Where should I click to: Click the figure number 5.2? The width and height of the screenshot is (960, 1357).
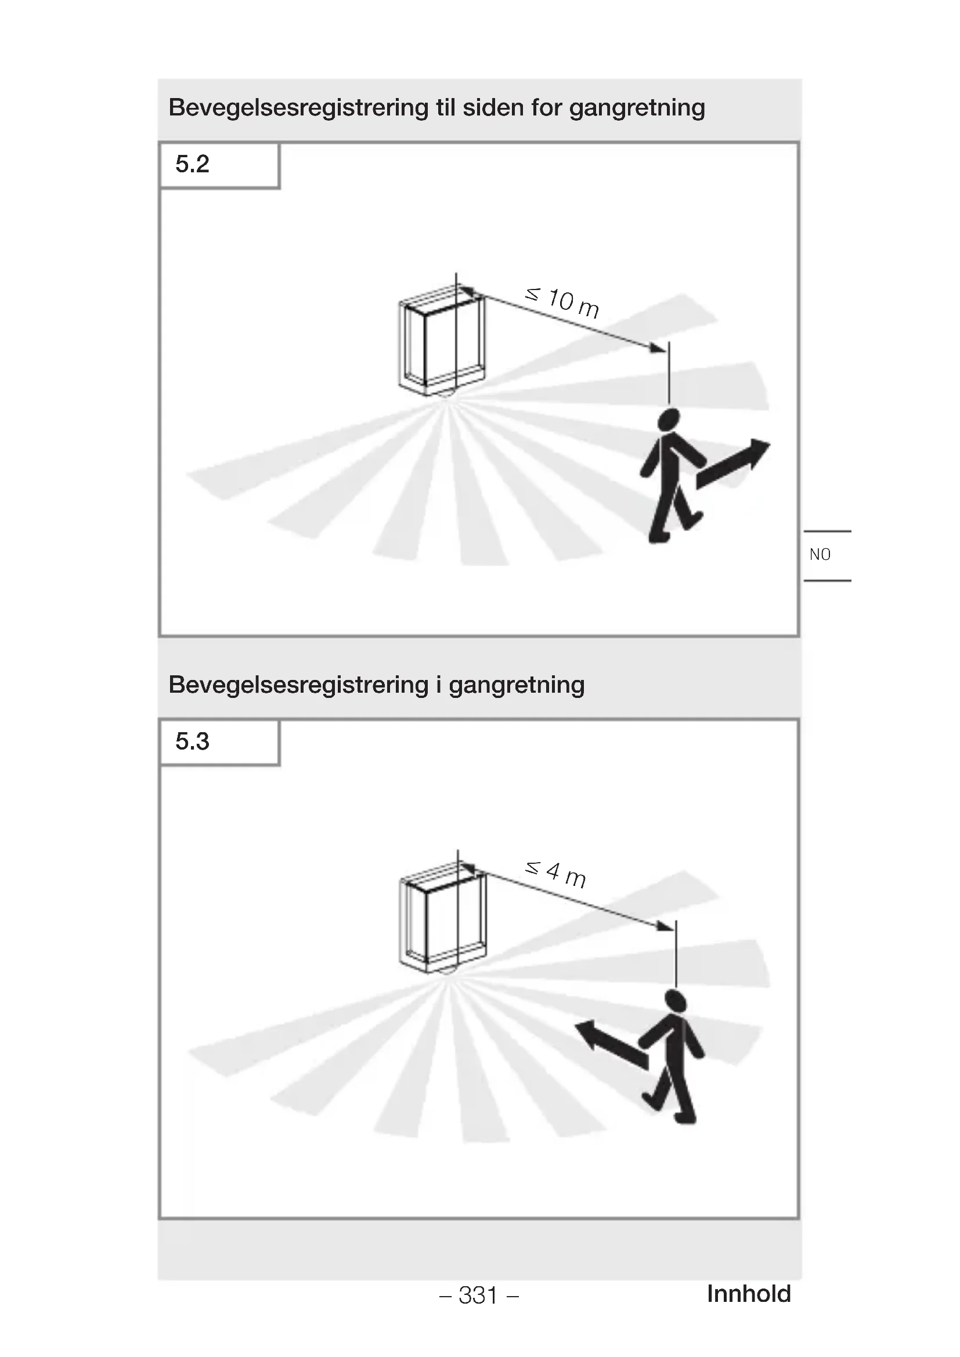[192, 164]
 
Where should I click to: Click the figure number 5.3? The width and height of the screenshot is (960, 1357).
[192, 741]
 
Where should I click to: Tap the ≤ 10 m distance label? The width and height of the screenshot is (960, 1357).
[562, 302]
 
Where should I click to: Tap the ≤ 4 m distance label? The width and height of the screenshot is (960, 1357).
[555, 874]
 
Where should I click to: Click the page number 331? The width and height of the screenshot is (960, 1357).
[478, 1295]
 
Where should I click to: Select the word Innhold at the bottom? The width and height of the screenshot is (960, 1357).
[748, 1294]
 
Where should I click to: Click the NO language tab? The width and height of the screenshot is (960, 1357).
[820, 555]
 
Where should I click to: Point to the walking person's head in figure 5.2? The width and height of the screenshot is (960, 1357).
[669, 419]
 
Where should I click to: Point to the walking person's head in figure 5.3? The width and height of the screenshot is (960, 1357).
[675, 1001]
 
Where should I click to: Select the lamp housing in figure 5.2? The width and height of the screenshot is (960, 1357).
[442, 343]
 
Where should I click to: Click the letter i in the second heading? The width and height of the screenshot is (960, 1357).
[439, 685]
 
